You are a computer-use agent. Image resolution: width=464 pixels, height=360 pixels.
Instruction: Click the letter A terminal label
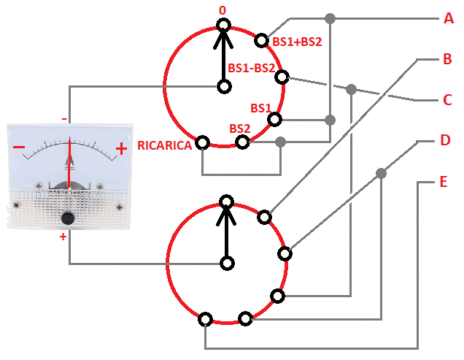coord(449,18)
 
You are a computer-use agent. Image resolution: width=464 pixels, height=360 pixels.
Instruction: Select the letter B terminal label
coord(447,59)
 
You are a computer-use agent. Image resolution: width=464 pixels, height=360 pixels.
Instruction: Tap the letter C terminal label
coord(448,100)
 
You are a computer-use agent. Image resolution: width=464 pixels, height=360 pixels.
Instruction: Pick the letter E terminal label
coord(443,181)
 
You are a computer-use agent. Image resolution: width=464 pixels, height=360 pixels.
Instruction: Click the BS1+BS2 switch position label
coord(297,42)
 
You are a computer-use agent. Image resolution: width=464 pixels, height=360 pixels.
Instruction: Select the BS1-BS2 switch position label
coord(252,69)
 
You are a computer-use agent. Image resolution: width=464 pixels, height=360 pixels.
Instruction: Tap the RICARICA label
coord(165,145)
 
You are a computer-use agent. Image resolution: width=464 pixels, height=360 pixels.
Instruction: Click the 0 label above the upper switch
coord(223,11)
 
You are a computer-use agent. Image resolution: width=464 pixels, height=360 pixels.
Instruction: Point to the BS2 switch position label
coord(240,128)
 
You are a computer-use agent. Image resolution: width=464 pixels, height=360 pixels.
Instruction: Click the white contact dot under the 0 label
coord(223,27)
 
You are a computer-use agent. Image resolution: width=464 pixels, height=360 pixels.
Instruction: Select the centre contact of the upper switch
coord(223,86)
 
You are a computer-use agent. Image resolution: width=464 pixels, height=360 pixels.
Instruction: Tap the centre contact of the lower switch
coord(228,263)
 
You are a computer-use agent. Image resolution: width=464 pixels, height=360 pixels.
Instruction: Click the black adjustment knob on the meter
coord(69,218)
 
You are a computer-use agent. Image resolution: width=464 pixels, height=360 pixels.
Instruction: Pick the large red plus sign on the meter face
coord(121,150)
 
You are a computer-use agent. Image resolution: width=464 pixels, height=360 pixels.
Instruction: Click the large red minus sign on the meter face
coord(19,149)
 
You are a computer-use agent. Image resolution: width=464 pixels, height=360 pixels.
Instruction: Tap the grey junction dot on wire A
coord(330,18)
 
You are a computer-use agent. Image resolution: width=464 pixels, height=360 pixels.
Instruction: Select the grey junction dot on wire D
coord(381,173)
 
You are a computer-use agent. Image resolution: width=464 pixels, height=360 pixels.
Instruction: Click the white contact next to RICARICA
coord(202,142)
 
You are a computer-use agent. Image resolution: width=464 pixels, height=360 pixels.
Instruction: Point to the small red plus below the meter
coord(63,237)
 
